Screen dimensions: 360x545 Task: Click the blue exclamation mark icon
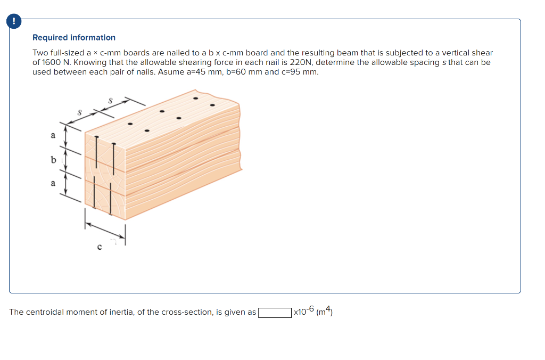click(14, 21)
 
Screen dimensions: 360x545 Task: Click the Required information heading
click(74, 38)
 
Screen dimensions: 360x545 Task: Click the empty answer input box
click(275, 313)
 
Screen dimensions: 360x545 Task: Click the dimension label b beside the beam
click(53, 159)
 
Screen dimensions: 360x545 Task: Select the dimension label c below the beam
click(100, 246)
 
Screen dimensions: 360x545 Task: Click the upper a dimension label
click(52, 136)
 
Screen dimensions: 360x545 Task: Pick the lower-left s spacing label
click(79, 112)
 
